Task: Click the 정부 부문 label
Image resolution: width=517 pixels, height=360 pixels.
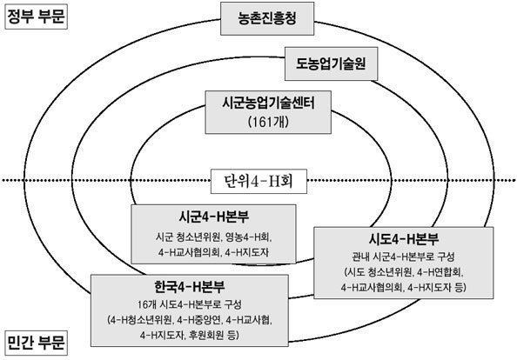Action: point(36,17)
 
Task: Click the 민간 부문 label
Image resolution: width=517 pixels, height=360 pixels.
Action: point(36,343)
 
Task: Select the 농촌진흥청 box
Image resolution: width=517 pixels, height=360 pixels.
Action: point(267,18)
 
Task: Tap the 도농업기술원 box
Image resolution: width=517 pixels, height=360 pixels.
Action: point(331,63)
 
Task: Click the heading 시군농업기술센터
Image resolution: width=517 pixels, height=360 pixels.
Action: point(268,103)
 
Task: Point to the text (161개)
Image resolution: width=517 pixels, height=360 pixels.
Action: point(268,122)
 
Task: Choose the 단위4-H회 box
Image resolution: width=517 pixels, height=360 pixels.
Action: point(258,181)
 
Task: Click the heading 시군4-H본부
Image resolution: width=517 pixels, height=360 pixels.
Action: point(213,217)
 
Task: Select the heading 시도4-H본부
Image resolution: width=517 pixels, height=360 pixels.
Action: point(404,239)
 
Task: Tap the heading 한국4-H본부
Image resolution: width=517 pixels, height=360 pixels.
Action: point(190,286)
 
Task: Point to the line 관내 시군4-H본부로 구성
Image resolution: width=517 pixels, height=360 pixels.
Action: point(403,257)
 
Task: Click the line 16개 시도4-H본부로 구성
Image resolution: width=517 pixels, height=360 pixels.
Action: point(190,304)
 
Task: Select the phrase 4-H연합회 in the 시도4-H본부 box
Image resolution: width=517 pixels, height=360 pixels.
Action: point(440,272)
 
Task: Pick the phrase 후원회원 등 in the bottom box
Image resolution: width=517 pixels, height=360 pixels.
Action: point(213,336)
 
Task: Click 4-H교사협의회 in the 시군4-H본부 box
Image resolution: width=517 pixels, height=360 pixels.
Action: point(189,252)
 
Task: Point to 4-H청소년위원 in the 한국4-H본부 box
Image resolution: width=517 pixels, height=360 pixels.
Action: point(140,320)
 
